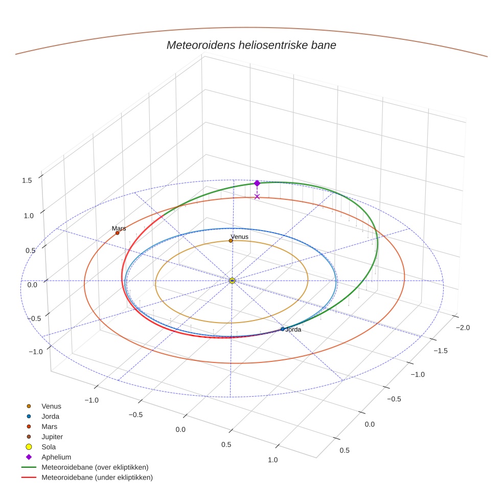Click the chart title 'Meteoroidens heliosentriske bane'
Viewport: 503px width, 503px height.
coord(251,45)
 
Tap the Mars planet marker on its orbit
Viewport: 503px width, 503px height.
coord(117,233)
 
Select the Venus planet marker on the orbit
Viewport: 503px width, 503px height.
coord(231,241)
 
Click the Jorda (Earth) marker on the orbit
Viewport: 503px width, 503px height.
coord(282,329)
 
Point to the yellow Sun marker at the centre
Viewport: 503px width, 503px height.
coord(232,281)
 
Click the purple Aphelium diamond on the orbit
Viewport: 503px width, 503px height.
coord(257,183)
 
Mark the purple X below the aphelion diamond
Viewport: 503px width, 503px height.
coord(257,196)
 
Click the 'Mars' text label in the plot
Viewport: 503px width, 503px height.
coord(119,228)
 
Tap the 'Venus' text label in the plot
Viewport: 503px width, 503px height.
coord(239,237)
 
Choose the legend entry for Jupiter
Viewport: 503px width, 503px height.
coord(52,437)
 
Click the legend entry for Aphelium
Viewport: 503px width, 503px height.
coord(56,457)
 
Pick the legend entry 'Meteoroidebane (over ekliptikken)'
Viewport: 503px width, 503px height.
coord(95,467)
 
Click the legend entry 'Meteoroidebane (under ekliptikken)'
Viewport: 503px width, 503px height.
coord(97,477)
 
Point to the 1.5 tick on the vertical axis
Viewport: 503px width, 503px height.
coord(27,180)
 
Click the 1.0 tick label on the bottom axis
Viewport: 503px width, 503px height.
coord(272,460)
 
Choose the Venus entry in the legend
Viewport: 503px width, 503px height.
coord(51,406)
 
